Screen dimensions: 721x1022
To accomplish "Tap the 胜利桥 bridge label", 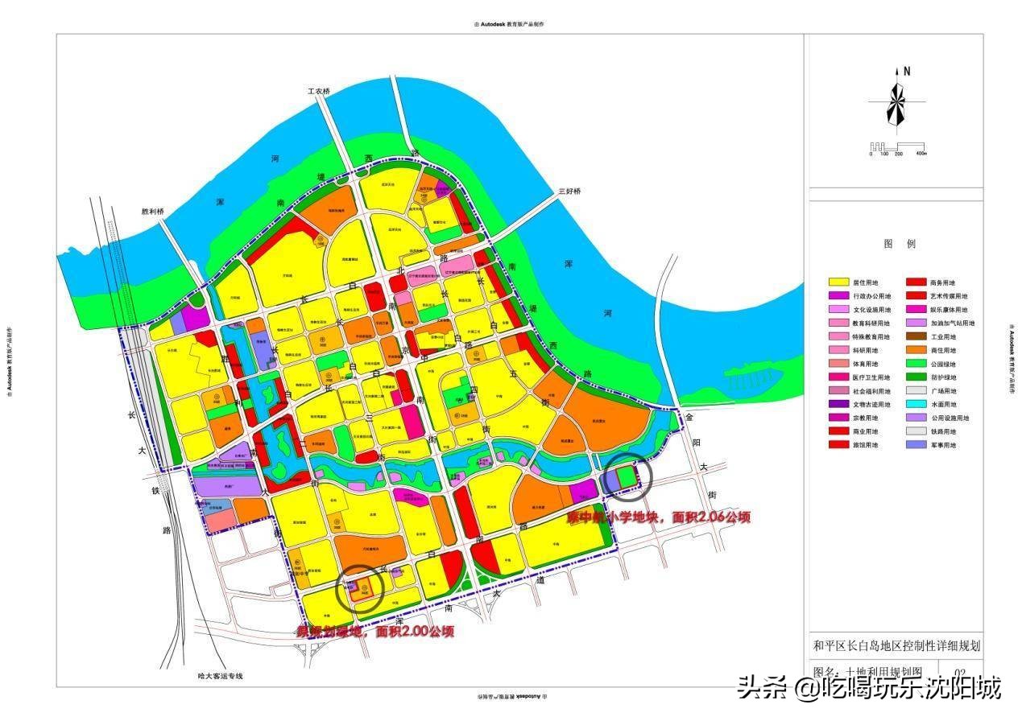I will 152,212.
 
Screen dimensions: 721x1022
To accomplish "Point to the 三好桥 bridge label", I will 569,192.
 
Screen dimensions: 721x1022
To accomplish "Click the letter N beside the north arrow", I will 907,71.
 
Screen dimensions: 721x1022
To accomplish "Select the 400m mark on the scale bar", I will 920,153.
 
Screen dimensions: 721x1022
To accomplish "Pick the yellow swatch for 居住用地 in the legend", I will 840,282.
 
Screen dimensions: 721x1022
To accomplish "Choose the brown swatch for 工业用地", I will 917,336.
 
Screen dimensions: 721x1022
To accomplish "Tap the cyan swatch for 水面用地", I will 917,404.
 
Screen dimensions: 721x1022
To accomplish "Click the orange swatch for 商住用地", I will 917,350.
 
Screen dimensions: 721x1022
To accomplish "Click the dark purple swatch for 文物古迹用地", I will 840,404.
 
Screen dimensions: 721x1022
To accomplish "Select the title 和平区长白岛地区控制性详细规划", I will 896,645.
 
